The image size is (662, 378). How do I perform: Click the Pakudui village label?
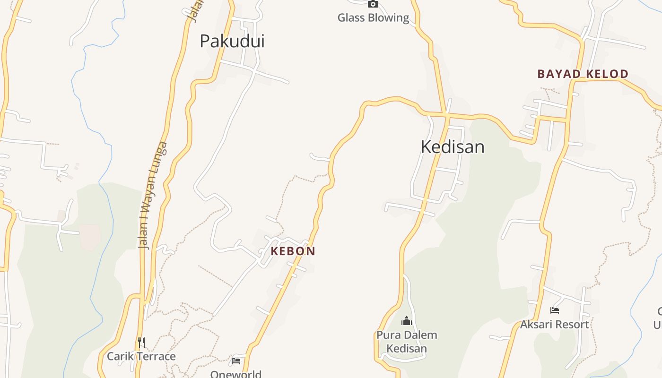point(232,41)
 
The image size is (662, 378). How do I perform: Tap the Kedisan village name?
point(453,147)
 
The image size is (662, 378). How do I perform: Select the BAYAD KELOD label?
point(583,74)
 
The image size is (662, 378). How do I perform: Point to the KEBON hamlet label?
point(293,251)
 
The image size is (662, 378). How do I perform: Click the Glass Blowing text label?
point(373,18)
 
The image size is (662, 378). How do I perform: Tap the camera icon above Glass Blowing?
point(373,4)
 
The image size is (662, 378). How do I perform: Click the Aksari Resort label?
point(555,325)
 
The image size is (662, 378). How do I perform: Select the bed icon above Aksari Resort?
point(555,310)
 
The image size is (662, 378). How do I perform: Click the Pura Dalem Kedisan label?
point(407,342)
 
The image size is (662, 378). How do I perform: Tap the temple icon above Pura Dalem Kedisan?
point(407,321)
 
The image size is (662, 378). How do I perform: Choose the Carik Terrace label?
point(141,356)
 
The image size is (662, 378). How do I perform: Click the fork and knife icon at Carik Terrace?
point(141,342)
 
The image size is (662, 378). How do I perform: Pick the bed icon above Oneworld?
point(236,361)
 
